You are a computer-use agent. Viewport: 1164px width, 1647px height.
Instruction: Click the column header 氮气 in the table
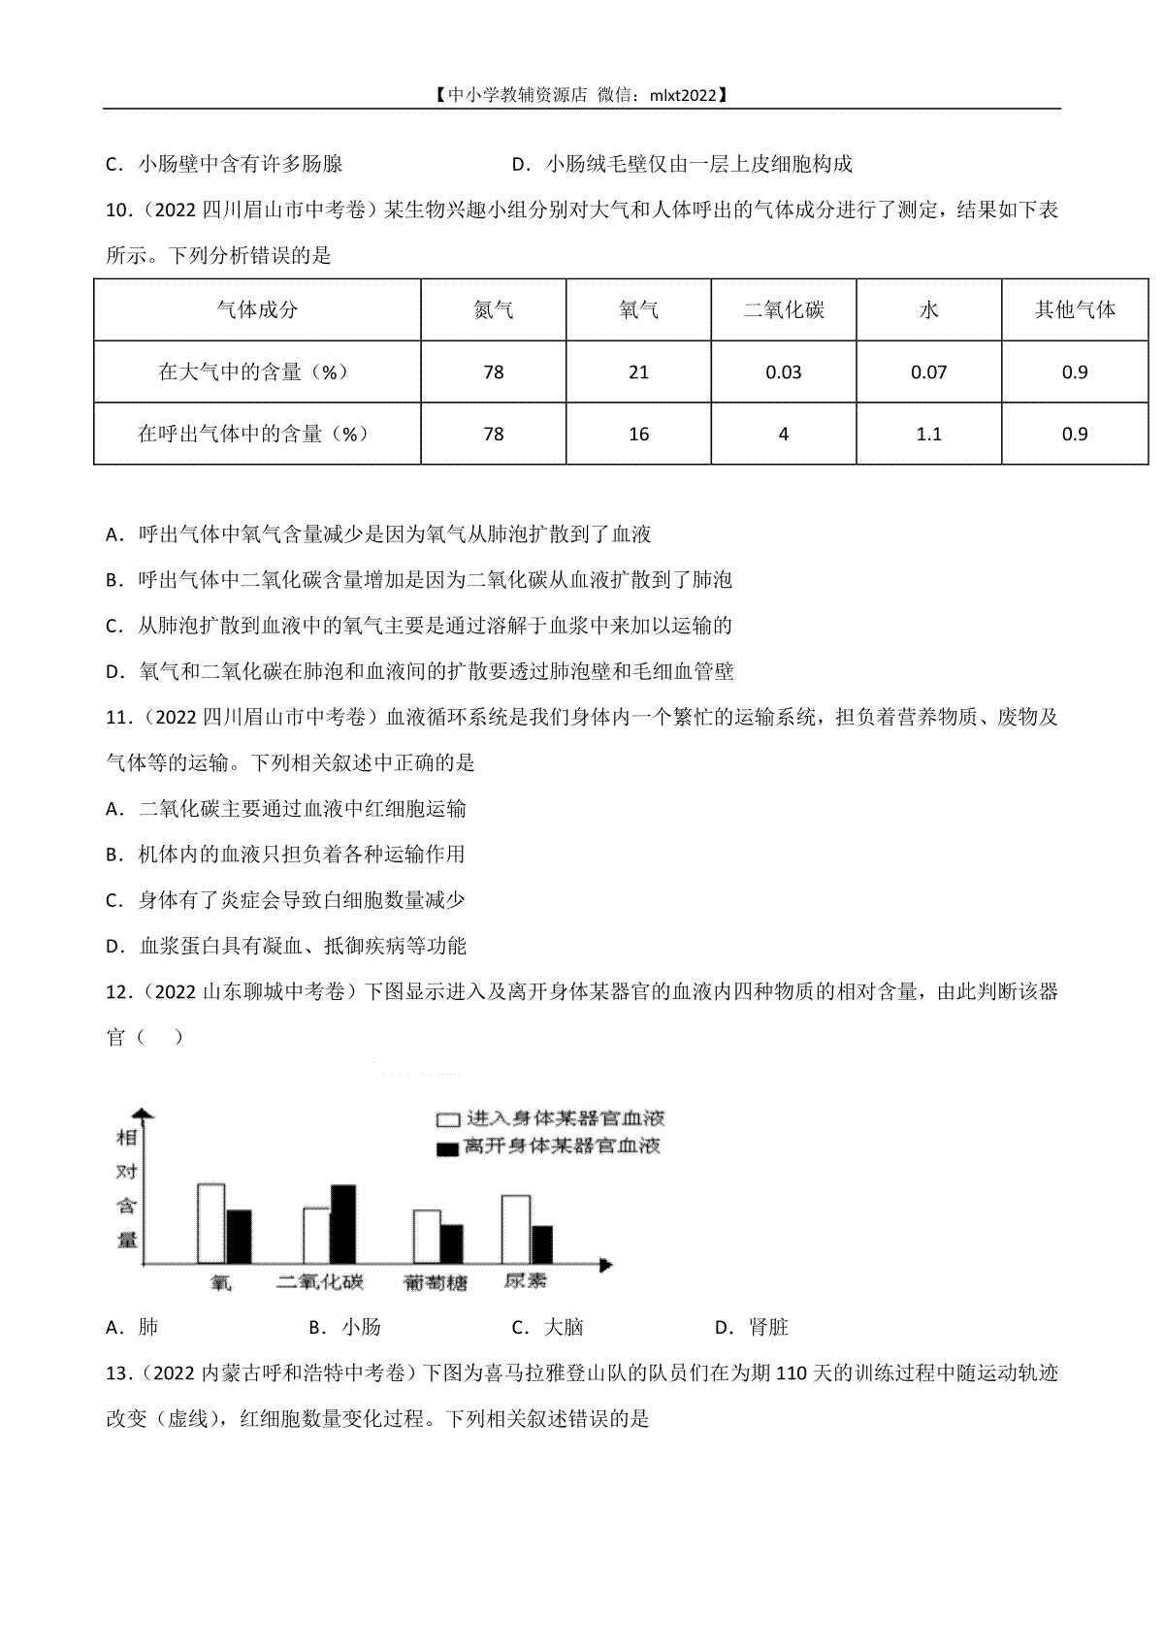[x=493, y=310]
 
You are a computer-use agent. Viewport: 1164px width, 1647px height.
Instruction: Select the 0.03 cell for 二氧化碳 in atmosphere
[x=784, y=372]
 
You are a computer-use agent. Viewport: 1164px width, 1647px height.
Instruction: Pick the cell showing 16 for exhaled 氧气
[x=638, y=434]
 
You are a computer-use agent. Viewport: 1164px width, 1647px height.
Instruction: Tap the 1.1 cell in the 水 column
[x=929, y=434]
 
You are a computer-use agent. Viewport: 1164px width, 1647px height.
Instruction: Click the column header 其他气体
[x=1075, y=310]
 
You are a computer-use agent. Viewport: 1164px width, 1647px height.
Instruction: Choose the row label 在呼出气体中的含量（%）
[x=253, y=434]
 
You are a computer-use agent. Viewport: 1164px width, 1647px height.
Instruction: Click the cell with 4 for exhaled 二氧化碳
[x=784, y=434]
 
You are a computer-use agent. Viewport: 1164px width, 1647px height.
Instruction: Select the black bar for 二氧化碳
[x=343, y=1224]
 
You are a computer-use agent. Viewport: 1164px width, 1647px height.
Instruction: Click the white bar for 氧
[x=211, y=1222]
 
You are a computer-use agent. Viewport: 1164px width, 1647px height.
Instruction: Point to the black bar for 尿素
[x=542, y=1244]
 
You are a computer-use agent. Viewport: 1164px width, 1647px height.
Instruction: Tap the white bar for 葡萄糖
[x=426, y=1237]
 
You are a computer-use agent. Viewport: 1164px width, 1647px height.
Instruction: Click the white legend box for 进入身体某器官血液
[x=447, y=1118]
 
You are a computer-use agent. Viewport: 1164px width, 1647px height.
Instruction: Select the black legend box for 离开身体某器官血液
[x=447, y=1148]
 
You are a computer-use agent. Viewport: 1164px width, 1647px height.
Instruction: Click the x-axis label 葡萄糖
[x=435, y=1282]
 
